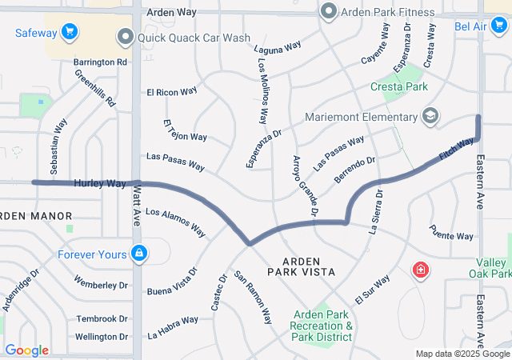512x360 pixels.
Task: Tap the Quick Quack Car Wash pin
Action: [x=125, y=37]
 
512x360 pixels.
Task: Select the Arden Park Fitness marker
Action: [x=327, y=12]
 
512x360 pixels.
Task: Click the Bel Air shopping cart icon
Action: [x=499, y=27]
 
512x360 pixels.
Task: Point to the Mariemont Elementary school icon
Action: [x=430, y=117]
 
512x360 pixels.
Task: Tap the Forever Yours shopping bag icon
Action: [x=140, y=254]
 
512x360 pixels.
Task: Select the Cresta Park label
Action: [x=398, y=86]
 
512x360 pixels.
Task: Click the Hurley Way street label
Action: [x=100, y=183]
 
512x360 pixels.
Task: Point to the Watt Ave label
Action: [x=137, y=205]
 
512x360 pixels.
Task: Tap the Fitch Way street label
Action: [x=456, y=147]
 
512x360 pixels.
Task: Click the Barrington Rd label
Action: [x=100, y=62]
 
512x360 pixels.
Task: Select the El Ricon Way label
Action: [x=172, y=92]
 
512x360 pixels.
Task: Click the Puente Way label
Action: [x=451, y=235]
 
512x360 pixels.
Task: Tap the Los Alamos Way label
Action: [x=174, y=223]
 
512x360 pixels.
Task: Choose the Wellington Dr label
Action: [x=102, y=337]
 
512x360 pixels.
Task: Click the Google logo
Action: [x=26, y=350]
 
